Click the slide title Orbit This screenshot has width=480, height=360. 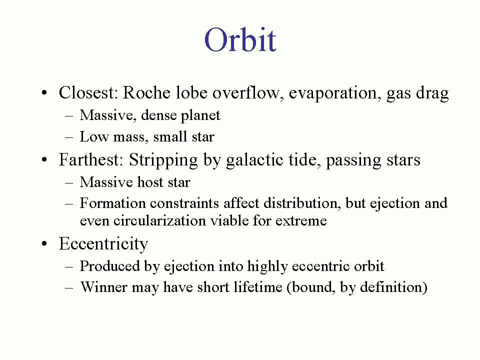240,40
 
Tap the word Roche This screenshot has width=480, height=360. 146,92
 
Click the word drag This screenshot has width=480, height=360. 432,93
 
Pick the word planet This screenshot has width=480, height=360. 200,115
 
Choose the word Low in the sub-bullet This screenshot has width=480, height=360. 94,136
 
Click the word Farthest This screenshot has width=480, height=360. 91,159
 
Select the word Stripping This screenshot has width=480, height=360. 163,160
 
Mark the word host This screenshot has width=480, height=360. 150,182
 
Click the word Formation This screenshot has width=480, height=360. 112,203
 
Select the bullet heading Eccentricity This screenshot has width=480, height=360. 103,244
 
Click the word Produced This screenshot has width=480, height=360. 110,266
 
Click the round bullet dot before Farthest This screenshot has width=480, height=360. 44,160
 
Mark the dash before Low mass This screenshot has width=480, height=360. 69,137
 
